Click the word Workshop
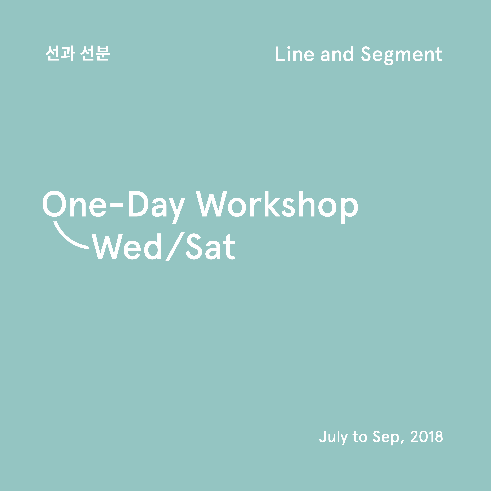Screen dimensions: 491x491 [277, 207]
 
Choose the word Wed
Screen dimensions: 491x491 [126, 246]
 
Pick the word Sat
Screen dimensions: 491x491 [210, 246]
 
